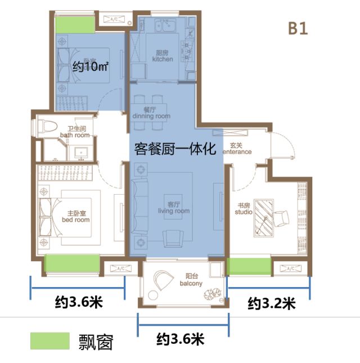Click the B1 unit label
[x=298, y=29]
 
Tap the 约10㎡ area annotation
[x=91, y=67]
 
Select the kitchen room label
[x=163, y=56]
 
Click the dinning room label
[x=150, y=113]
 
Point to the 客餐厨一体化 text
[x=176, y=150]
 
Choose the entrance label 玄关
[x=237, y=149]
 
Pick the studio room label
[x=244, y=209]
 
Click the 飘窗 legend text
[x=97, y=341]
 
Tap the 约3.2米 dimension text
[x=272, y=304]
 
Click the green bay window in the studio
[x=249, y=266]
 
